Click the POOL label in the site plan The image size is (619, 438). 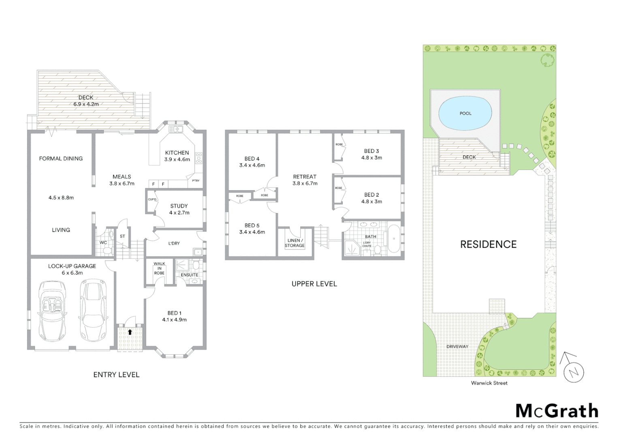(x=465, y=114)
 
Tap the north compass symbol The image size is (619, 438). (x=573, y=371)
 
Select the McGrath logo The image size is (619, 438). (x=557, y=411)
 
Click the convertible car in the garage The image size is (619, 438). (x=52, y=311)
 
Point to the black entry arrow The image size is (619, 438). (x=130, y=332)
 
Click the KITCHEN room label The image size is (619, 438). (x=177, y=153)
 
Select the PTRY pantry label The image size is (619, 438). (x=196, y=180)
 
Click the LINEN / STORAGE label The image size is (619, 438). (x=295, y=243)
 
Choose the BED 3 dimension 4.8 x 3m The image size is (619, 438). (x=371, y=158)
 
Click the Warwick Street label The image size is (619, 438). (x=489, y=383)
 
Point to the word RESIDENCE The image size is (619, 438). (x=488, y=245)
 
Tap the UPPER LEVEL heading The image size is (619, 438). (x=314, y=284)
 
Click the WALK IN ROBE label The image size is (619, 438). (x=159, y=268)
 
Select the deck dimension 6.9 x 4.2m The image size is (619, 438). (x=86, y=104)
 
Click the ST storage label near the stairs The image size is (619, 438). (x=122, y=236)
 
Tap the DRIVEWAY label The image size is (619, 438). (x=457, y=347)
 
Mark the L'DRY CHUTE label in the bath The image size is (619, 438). (x=367, y=244)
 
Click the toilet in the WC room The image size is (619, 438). (x=108, y=251)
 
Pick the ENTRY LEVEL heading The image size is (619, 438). (x=116, y=375)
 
